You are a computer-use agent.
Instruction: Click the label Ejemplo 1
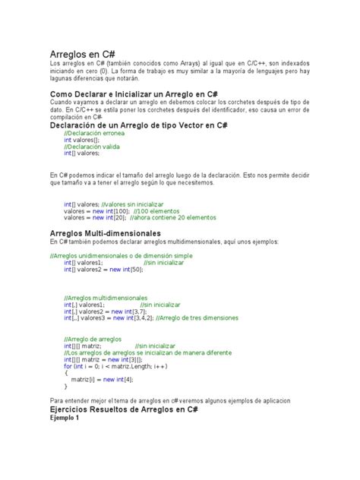(64, 418)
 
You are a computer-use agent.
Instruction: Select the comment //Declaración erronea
(94, 133)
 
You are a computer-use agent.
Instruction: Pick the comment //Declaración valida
(90, 147)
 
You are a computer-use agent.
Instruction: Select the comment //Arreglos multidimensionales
(106, 298)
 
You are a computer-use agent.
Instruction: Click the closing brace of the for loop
(65, 385)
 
